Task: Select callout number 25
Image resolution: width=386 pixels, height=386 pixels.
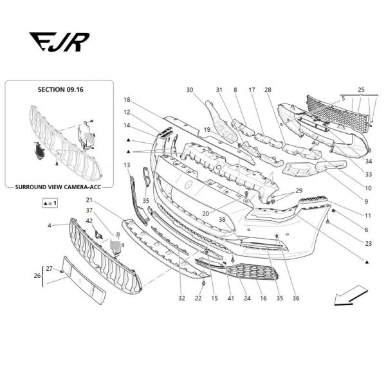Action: pyautogui.click(x=361, y=89)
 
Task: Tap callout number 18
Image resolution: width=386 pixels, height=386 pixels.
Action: pyautogui.click(x=127, y=100)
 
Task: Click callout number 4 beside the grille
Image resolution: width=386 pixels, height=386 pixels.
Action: pyautogui.click(x=48, y=225)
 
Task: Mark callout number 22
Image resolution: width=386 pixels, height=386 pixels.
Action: pyautogui.click(x=198, y=299)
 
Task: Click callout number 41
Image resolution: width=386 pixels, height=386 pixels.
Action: pyautogui.click(x=230, y=299)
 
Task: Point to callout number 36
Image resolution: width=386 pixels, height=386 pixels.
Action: pyautogui.click(x=296, y=299)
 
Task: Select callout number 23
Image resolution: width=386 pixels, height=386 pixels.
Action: pyautogui.click(x=368, y=244)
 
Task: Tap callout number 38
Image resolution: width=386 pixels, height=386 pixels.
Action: pyautogui.click(x=222, y=219)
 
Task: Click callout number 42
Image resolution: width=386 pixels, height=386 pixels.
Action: pyautogui.click(x=89, y=221)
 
